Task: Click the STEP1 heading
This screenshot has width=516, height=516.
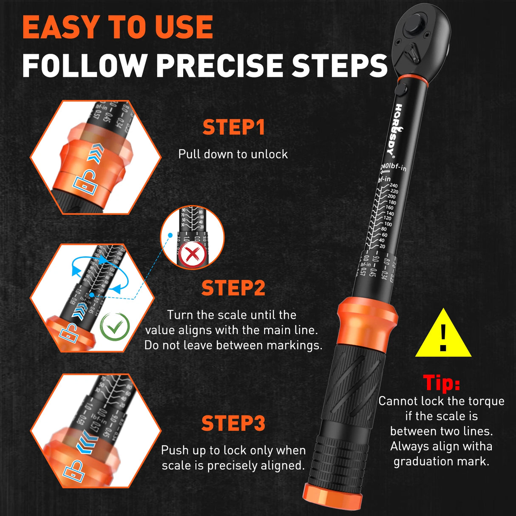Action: (x=233, y=127)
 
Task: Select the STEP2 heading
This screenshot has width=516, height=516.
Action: (x=233, y=288)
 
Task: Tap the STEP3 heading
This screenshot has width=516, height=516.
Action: (x=233, y=423)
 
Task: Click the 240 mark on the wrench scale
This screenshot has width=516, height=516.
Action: (x=394, y=186)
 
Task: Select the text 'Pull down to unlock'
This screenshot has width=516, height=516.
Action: (x=233, y=154)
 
